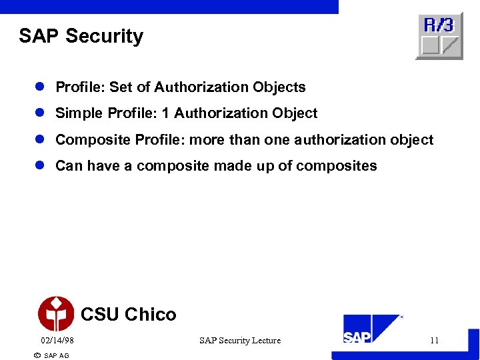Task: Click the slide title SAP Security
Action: (x=81, y=36)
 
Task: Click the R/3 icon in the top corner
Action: (x=439, y=36)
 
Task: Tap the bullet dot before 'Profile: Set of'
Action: (x=41, y=87)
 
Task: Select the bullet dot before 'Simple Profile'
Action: (x=41, y=113)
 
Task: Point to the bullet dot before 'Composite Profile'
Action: (x=41, y=140)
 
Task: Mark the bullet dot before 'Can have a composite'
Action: (x=41, y=166)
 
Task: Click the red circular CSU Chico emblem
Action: (x=56, y=314)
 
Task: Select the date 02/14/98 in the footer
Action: (x=57, y=341)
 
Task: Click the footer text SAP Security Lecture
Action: (x=240, y=341)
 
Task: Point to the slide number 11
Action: (x=434, y=341)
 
